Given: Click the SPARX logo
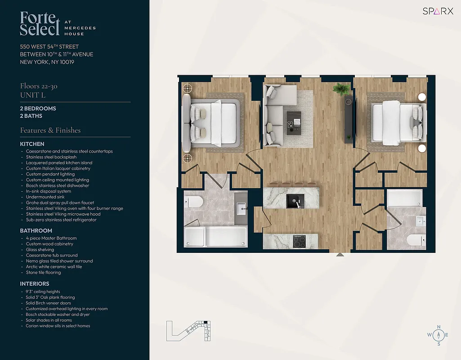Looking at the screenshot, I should [x=438, y=11].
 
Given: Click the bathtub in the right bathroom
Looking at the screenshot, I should [x=405, y=198].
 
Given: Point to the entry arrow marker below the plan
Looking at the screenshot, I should [x=340, y=255].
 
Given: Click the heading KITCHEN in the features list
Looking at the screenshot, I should [x=32, y=144].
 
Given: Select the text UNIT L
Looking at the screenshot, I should [x=33, y=95].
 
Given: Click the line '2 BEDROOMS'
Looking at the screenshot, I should [x=38, y=108].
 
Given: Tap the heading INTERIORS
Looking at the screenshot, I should [x=35, y=283].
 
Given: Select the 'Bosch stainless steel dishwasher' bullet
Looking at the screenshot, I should [x=58, y=185].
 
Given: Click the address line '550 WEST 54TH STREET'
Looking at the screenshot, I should [x=49, y=47].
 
